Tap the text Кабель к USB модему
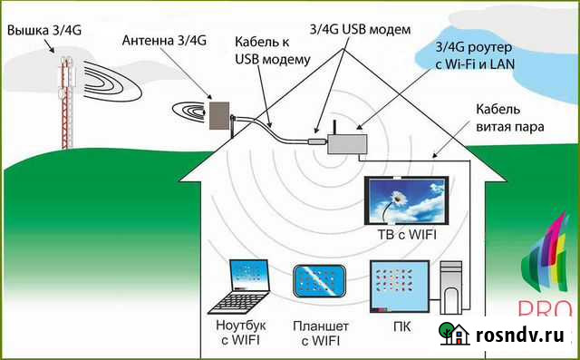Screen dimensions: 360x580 click(x=273, y=52)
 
